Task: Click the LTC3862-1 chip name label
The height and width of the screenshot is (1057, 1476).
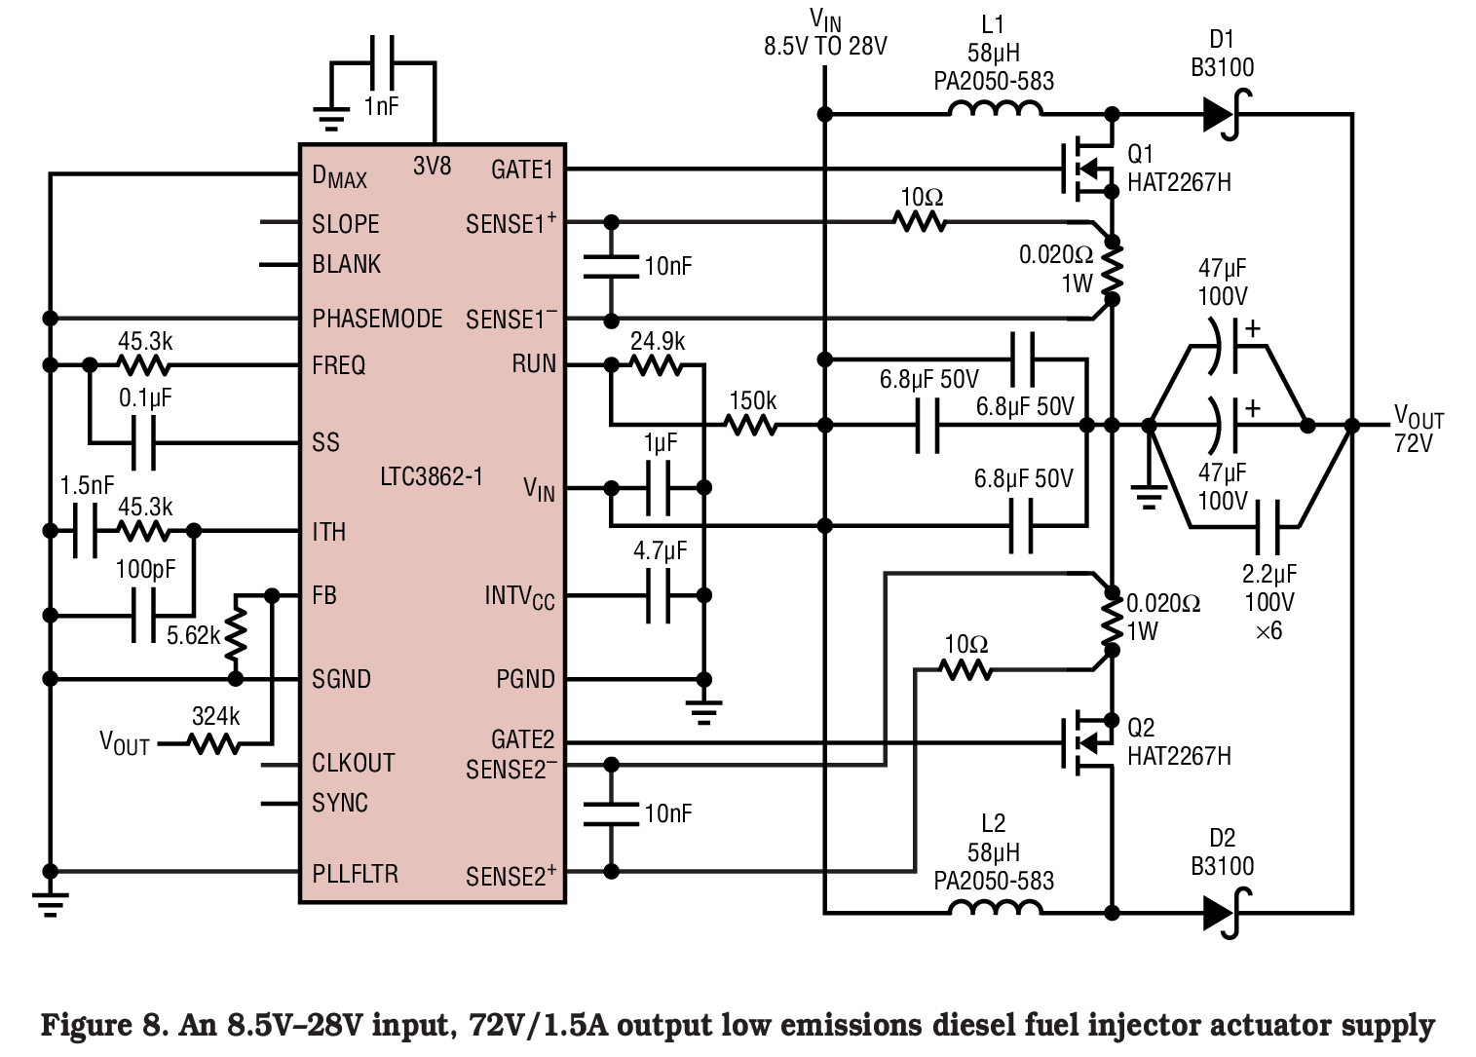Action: point(432,476)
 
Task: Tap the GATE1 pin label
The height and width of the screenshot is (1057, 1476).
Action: point(522,170)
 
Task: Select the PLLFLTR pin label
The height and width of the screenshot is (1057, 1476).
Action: point(356,874)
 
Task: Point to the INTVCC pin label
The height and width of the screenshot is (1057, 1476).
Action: point(520,597)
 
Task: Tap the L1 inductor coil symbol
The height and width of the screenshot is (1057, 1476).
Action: point(996,109)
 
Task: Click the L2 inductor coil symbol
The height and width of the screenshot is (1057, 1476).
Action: point(996,907)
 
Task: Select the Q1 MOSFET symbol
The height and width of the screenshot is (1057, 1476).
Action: point(1087,169)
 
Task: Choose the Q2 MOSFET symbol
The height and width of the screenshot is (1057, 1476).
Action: point(1087,742)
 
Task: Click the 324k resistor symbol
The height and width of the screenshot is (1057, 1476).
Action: point(214,744)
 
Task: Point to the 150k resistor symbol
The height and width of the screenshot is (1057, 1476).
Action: point(752,425)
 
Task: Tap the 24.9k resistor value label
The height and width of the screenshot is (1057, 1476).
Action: point(658,341)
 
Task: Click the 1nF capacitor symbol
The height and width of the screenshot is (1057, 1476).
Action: point(382,62)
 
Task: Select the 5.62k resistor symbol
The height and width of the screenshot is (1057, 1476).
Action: point(236,634)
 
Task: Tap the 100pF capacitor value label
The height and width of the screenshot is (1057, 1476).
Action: point(145,569)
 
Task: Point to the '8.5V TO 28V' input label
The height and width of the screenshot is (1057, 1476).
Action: point(825,46)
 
